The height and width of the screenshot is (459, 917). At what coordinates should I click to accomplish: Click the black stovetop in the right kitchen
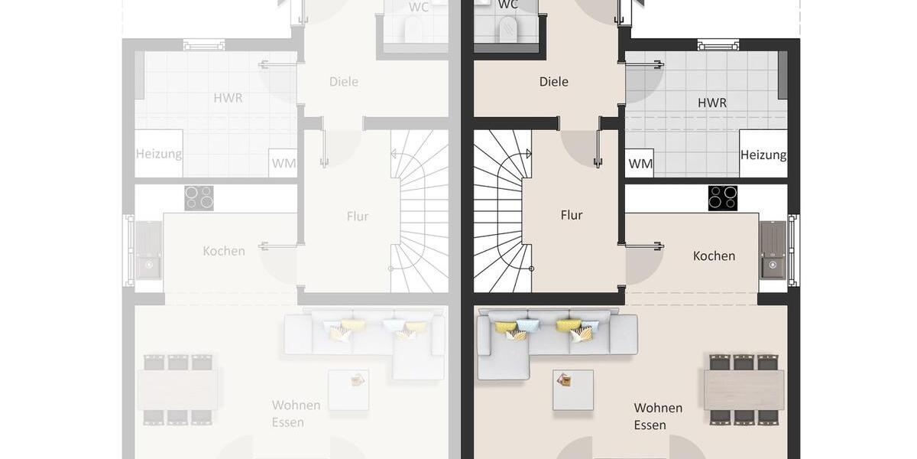(x=723, y=198)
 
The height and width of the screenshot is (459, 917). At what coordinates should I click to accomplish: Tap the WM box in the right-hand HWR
(x=640, y=163)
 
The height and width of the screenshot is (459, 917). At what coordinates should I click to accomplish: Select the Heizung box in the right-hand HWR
(x=763, y=155)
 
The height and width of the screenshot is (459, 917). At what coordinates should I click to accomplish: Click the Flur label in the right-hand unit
(x=572, y=215)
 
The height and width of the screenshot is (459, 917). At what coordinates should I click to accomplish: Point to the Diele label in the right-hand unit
(x=553, y=82)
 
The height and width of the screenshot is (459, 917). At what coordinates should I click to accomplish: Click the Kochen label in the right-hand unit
(x=714, y=256)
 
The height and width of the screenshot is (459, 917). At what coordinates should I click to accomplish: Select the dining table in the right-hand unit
(x=744, y=389)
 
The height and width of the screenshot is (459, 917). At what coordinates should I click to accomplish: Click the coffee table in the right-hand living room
(x=573, y=389)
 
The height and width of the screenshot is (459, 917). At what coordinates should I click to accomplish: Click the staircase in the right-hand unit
(x=502, y=211)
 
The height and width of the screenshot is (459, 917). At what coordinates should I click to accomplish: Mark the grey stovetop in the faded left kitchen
(x=199, y=198)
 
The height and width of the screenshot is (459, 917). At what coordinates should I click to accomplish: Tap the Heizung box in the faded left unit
(x=159, y=154)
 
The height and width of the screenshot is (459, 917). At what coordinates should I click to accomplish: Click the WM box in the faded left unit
(x=283, y=163)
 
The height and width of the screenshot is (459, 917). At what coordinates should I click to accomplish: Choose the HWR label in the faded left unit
(x=228, y=97)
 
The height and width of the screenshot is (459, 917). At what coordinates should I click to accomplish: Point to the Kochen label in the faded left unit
(x=224, y=251)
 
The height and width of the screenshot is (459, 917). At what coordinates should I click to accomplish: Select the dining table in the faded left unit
(x=177, y=389)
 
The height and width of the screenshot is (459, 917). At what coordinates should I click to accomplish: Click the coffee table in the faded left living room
(x=348, y=389)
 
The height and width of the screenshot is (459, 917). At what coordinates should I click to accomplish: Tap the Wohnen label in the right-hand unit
(x=658, y=408)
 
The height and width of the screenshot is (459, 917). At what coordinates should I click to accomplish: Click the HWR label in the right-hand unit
(x=711, y=103)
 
